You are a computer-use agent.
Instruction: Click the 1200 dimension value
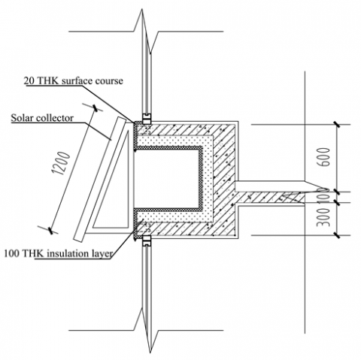(60, 163)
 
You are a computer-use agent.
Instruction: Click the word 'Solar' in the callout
(22, 118)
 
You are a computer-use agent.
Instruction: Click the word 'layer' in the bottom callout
(101, 254)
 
